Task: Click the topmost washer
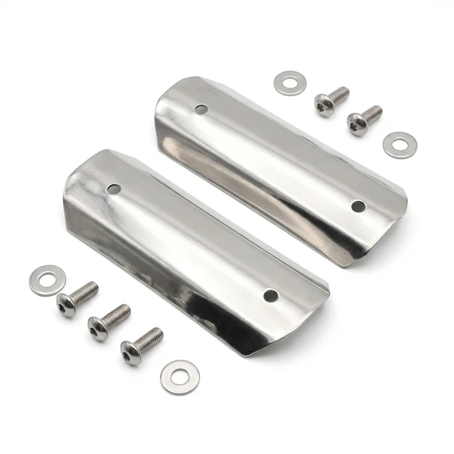[290, 83]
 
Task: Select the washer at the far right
[400, 145]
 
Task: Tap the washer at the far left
[48, 280]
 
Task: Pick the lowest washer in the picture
[178, 376]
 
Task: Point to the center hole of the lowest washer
[178, 376]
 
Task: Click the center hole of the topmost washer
[290, 83]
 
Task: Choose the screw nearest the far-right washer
[364, 120]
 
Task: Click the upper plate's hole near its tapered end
[200, 108]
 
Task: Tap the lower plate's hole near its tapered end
[115, 188]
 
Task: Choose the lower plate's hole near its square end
[271, 295]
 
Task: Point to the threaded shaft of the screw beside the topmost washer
[339, 95]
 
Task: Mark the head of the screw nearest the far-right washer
[356, 124]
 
